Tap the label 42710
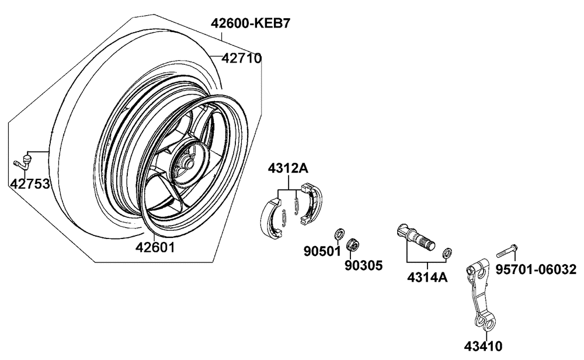(x=241, y=58)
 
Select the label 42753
(x=29, y=184)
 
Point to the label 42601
(x=155, y=247)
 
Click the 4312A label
(x=288, y=169)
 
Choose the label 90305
(x=363, y=266)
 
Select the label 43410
(x=483, y=346)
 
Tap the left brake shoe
(x=270, y=217)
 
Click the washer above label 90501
(x=338, y=235)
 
